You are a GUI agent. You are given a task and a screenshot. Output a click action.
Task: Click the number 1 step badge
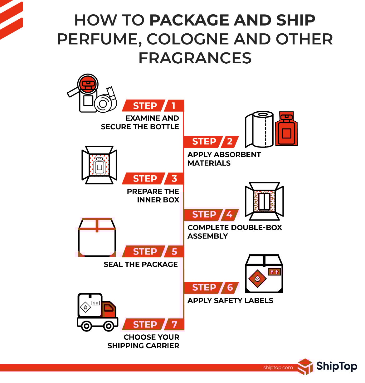[174, 106]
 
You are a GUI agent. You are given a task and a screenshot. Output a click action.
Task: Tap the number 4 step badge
[229, 215]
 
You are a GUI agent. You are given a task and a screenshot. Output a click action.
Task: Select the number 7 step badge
[174, 324]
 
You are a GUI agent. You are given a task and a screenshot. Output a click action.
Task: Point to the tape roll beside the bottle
[105, 101]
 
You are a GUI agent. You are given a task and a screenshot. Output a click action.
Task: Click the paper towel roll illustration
[259, 129]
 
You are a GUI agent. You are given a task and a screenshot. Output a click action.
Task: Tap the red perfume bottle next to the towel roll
[286, 128]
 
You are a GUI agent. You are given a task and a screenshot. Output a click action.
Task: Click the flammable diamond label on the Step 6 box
[257, 279]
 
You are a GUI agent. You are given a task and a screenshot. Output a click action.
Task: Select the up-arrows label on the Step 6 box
[275, 272]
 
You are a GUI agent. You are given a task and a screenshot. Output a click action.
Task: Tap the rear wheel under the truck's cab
[109, 326]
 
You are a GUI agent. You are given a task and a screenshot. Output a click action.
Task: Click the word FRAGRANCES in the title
[195, 58]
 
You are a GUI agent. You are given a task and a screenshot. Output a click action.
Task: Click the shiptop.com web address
[278, 367]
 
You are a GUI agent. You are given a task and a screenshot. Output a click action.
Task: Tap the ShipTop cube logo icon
[305, 366]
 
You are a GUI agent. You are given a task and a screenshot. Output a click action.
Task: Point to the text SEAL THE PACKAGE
[141, 264]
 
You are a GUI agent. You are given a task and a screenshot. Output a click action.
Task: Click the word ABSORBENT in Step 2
[237, 154]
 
